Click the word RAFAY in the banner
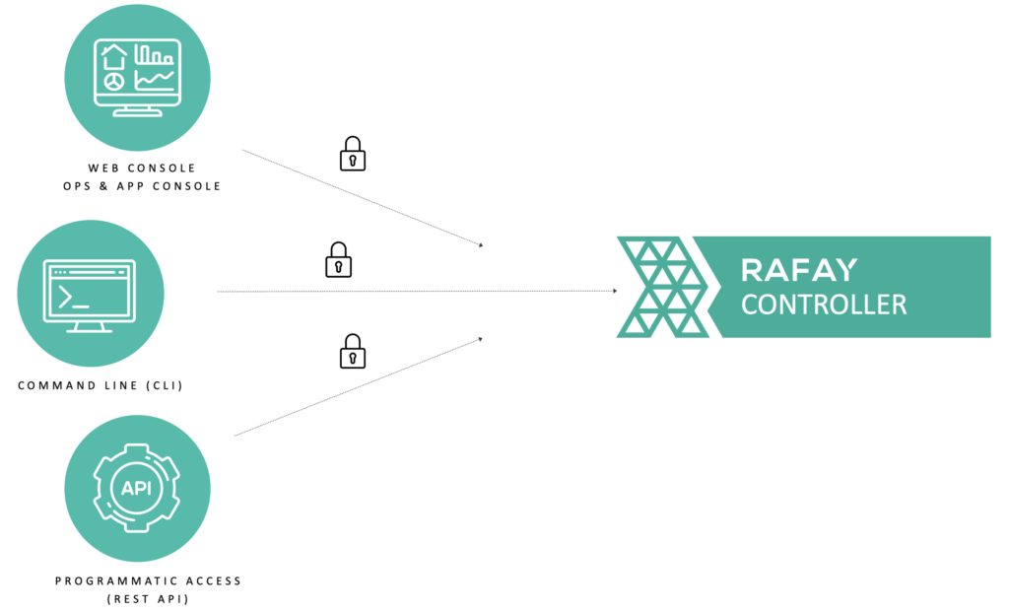pyautogui.click(x=798, y=269)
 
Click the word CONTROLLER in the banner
pyautogui.click(x=824, y=304)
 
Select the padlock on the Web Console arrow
pyautogui.click(x=353, y=155)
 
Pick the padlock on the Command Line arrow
pyautogui.click(x=338, y=260)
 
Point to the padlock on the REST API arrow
pyautogui.click(x=353, y=352)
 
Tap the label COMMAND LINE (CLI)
pyautogui.click(x=101, y=385)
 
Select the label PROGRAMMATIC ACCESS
pyautogui.click(x=148, y=580)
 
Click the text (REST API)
pyautogui.click(x=148, y=598)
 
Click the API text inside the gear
pyautogui.click(x=136, y=488)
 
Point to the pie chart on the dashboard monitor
pyautogui.click(x=115, y=81)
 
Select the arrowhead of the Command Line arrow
pyautogui.click(x=614, y=291)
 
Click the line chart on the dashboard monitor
pyautogui.click(x=155, y=79)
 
